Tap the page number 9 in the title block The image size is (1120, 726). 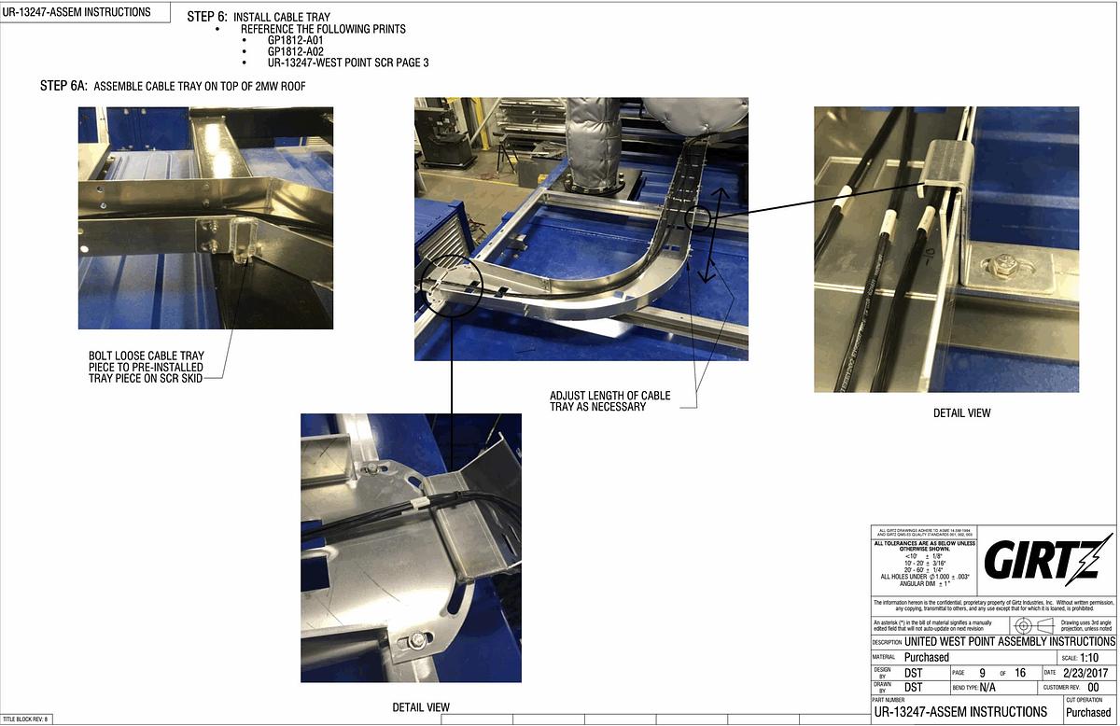982,672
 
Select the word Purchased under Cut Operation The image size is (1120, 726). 1088,712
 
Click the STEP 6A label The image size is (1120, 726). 63,86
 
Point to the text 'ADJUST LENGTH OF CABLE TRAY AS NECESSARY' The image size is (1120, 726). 609,401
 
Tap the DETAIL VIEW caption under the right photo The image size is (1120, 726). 961,412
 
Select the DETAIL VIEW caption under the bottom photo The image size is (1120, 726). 421,707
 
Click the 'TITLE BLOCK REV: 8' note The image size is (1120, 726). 25,719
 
